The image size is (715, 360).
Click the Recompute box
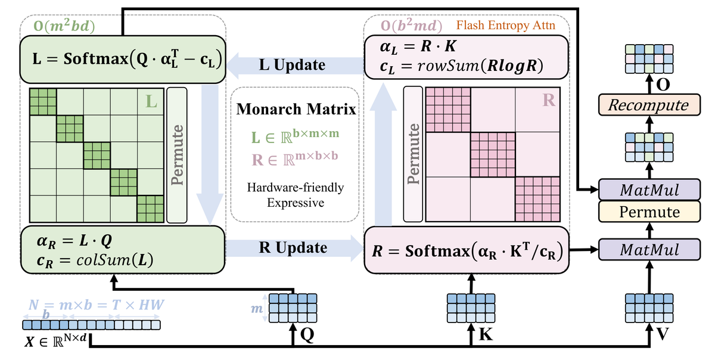(647, 105)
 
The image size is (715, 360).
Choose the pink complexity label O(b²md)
(412, 26)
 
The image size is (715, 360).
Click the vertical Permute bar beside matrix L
(177, 154)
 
